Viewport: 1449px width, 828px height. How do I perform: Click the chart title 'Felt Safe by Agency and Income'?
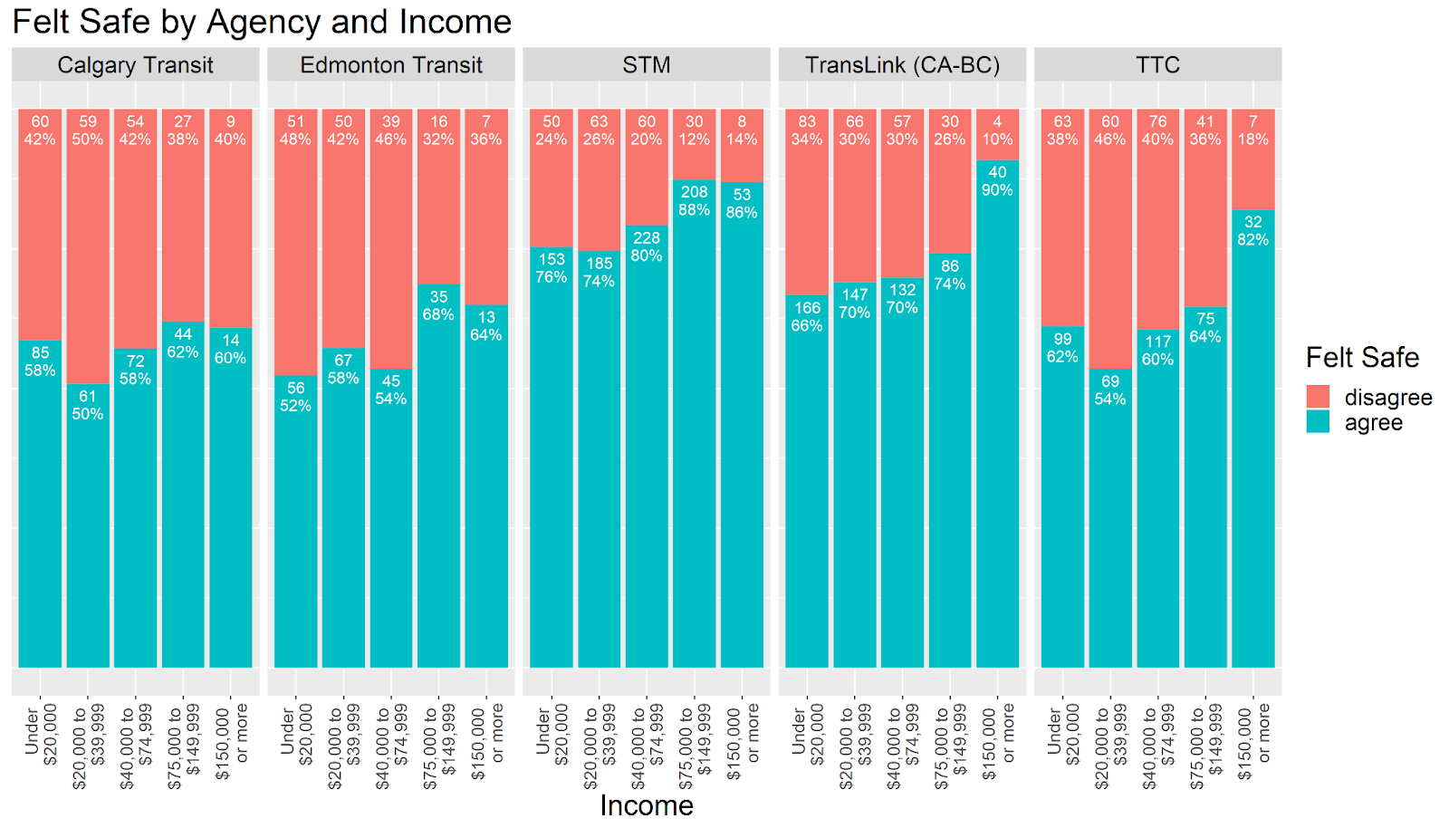pyautogui.click(x=262, y=22)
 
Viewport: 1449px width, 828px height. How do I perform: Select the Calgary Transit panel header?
pyautogui.click(x=135, y=65)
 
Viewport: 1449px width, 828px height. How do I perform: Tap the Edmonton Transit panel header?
pyautogui.click(x=391, y=65)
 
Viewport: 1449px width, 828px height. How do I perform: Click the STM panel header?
pyautogui.click(x=647, y=65)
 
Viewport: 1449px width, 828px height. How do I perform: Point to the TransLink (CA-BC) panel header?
pyautogui.click(x=902, y=65)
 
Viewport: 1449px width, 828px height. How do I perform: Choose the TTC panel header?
pyautogui.click(x=1157, y=65)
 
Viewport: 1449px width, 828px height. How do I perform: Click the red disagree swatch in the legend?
pyautogui.click(x=1318, y=397)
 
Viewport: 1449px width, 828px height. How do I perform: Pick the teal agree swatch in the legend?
pyautogui.click(x=1318, y=422)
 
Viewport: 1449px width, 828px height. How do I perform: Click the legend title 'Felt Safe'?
pyautogui.click(x=1362, y=358)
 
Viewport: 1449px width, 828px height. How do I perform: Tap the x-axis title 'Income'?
pyautogui.click(x=647, y=805)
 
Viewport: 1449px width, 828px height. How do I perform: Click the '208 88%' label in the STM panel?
pyautogui.click(x=694, y=200)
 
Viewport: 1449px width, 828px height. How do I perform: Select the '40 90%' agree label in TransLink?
pyautogui.click(x=997, y=181)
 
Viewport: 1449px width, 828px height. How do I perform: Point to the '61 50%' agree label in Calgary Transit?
pyautogui.click(x=88, y=405)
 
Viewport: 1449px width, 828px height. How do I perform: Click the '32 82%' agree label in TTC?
pyautogui.click(x=1252, y=230)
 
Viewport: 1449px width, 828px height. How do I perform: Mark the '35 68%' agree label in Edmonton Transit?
pyautogui.click(x=438, y=305)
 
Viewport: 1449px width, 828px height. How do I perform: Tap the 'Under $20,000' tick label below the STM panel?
pyautogui.click(x=552, y=736)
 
